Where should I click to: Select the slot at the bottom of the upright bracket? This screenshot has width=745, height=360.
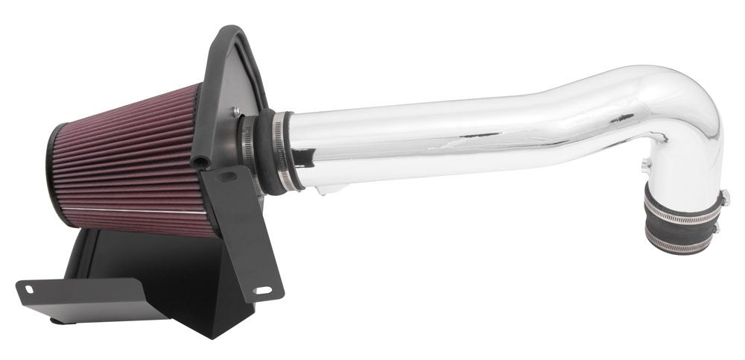tap(262, 288)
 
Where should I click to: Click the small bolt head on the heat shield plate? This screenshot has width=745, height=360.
tap(236, 111)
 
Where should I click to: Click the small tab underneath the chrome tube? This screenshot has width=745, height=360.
tap(322, 191)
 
